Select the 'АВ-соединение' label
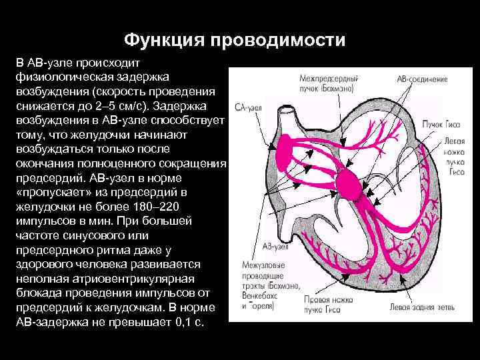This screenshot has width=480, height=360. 422,79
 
